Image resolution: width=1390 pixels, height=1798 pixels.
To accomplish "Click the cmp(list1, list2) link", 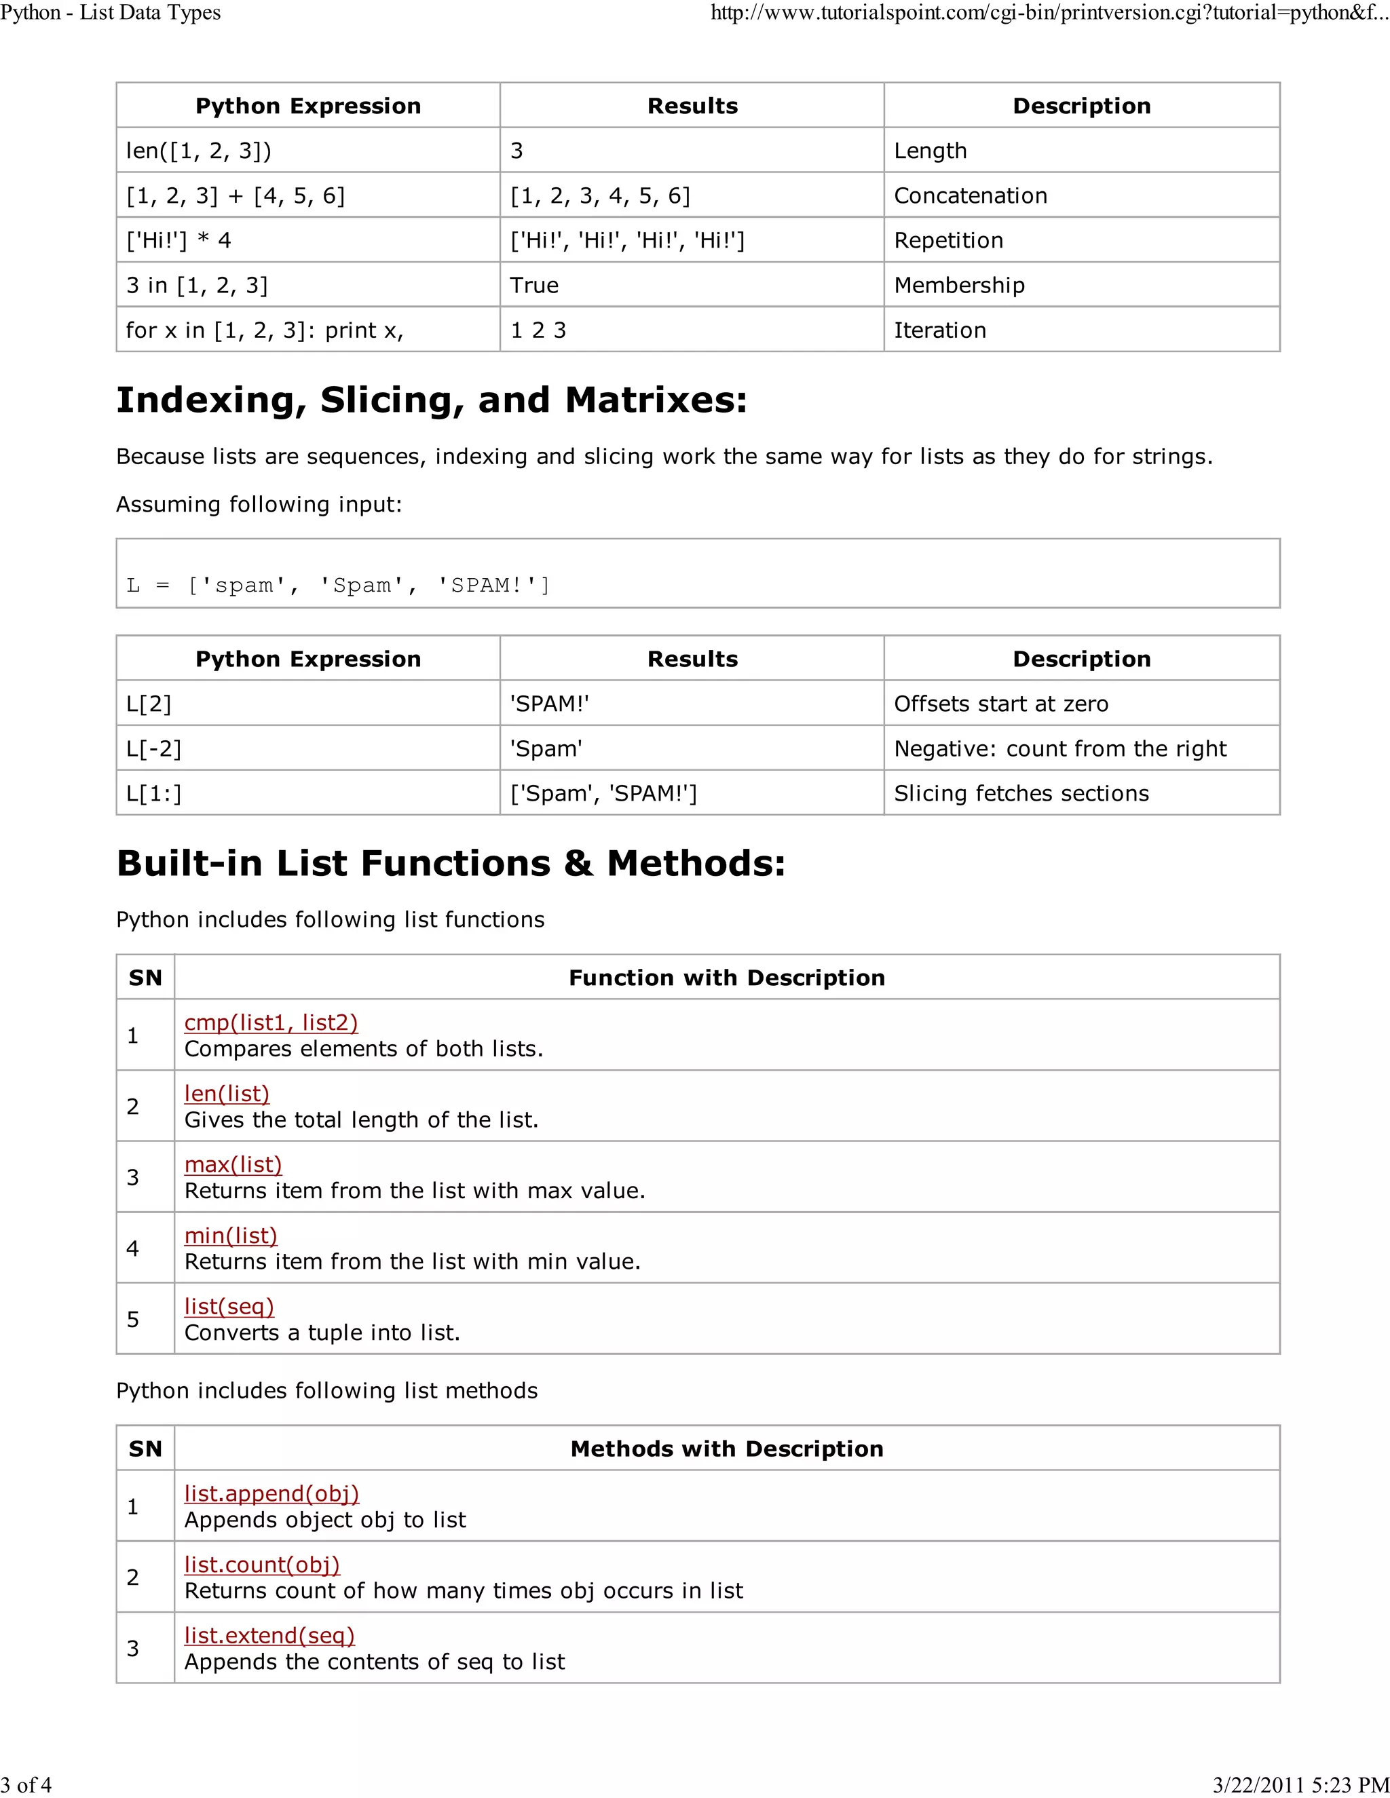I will [271, 1022].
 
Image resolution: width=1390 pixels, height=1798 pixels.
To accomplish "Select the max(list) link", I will [233, 1164].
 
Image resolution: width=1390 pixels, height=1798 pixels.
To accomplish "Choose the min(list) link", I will [231, 1235].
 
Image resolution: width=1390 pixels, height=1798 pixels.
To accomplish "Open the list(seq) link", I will [229, 1307].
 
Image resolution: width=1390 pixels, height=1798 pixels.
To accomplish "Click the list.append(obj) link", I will [271, 1493].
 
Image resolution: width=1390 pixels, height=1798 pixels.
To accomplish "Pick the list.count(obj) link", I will [262, 1564].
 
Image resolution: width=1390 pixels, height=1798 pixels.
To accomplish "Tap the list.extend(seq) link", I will [269, 1635].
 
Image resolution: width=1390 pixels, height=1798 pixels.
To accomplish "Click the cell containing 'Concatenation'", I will [970, 196].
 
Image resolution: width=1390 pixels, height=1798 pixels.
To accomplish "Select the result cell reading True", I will [534, 286].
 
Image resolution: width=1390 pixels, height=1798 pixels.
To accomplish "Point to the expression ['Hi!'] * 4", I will [179, 240].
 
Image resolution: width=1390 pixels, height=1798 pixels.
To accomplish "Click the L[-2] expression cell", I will [154, 749].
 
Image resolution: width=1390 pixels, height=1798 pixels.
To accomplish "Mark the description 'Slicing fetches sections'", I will [1021, 794].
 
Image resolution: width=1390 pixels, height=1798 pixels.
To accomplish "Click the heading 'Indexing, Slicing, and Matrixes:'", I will [432, 400].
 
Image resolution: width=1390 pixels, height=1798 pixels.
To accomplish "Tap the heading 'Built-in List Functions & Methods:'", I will [451, 864].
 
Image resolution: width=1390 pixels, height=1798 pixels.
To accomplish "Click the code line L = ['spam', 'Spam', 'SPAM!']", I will [337, 586].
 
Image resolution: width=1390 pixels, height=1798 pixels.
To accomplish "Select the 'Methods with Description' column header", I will [726, 1449].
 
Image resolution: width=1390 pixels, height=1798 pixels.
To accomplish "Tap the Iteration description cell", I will [939, 330].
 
